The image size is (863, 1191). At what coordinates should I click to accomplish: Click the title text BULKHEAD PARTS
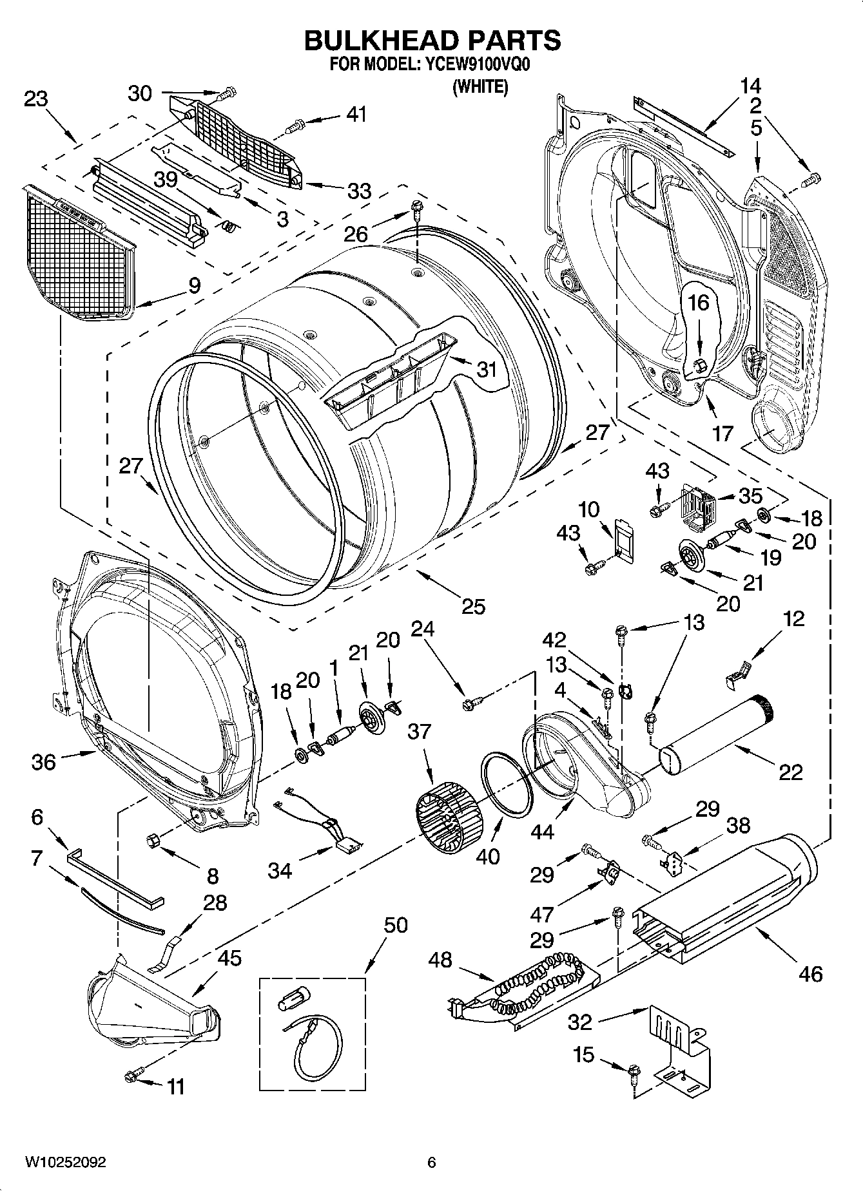point(432,40)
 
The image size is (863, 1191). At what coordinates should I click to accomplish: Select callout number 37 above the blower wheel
point(420,732)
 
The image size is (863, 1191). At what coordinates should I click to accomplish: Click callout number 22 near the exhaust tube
point(790,771)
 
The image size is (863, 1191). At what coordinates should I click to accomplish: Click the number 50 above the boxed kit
point(395,925)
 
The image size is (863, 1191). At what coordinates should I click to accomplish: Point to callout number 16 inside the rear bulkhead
point(698,302)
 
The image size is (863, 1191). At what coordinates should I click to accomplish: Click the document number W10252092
point(65,1163)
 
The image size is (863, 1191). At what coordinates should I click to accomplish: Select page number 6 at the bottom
point(431,1163)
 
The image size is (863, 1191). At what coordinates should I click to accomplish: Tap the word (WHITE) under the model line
point(480,86)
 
